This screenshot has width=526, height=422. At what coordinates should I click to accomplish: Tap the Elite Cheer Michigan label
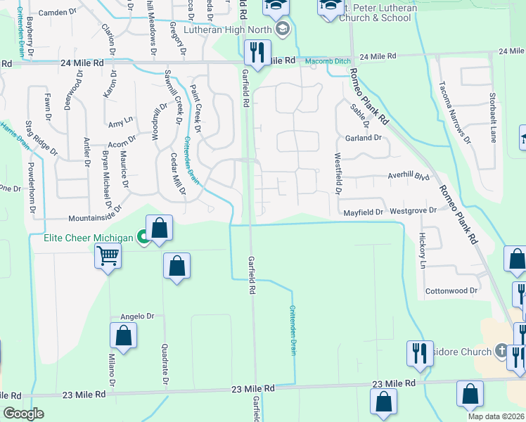point(89,238)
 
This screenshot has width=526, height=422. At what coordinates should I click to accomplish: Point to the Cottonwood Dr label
point(451,290)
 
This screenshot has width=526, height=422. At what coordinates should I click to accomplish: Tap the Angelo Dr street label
point(137,316)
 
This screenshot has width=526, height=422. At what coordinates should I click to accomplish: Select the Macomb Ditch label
point(328,61)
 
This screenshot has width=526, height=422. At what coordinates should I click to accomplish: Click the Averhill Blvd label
point(408,177)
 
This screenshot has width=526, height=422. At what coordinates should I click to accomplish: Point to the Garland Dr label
point(363,138)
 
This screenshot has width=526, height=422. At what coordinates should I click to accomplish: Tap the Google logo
point(23,414)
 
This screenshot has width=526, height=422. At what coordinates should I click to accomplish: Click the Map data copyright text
point(496,416)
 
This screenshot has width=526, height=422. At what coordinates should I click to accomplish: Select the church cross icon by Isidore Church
point(501,350)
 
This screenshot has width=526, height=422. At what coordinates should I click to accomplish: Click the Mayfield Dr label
point(363,212)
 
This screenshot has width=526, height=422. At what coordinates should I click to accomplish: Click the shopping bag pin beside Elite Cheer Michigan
point(160,229)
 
